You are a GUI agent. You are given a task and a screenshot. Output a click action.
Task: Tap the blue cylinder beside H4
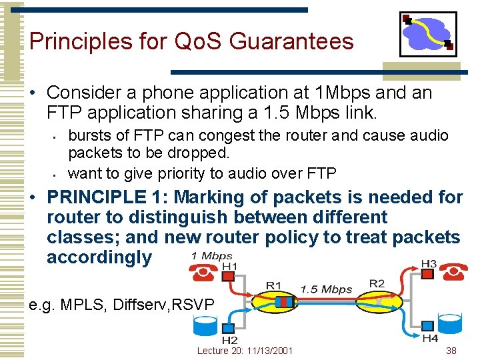click(450, 326)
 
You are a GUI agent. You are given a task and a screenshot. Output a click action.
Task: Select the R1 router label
click(273, 286)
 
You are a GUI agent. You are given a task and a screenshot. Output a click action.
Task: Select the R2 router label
click(377, 283)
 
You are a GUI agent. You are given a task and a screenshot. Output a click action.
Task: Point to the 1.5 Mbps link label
click(326, 289)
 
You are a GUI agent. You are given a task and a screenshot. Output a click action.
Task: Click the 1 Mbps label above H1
click(211, 255)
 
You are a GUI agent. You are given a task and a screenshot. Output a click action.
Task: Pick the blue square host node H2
click(229, 328)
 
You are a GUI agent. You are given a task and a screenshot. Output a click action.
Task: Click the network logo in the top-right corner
click(428, 33)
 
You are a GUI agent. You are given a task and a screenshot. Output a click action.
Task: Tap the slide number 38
click(451, 351)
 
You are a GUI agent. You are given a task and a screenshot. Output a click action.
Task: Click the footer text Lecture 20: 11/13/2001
click(245, 351)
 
